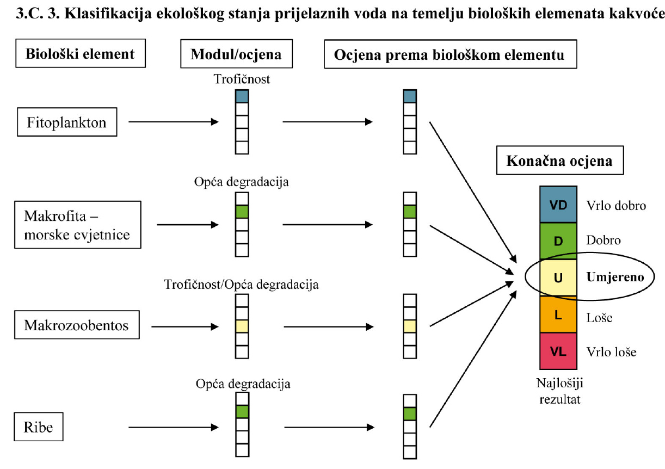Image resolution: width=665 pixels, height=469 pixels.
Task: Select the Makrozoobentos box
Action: click(x=76, y=325)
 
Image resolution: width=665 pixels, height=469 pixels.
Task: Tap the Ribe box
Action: click(x=39, y=427)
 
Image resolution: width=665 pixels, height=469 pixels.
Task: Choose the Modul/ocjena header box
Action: click(x=236, y=54)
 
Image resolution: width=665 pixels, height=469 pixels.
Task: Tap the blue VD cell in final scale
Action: click(x=558, y=205)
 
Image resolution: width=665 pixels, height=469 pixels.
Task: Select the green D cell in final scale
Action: click(x=558, y=240)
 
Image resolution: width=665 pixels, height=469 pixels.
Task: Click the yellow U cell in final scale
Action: click(x=558, y=277)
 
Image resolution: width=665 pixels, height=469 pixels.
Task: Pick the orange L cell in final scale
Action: click(x=558, y=315)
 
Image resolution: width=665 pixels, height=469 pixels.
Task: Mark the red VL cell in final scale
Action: click(x=558, y=351)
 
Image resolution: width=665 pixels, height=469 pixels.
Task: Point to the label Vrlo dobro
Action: click(x=615, y=206)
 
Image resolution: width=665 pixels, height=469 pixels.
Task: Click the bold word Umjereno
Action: click(x=614, y=277)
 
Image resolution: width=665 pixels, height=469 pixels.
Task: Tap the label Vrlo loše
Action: click(x=611, y=351)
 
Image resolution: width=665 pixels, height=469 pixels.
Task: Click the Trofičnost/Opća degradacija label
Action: click(x=241, y=284)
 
